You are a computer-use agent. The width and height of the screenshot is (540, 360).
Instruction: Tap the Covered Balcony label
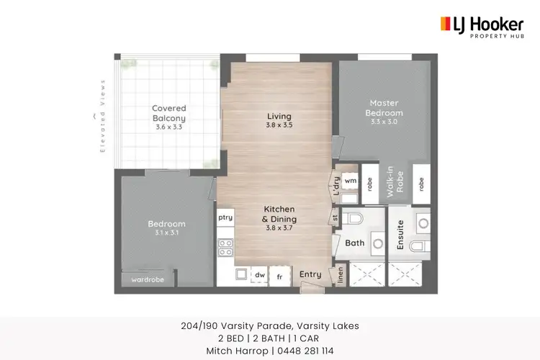tap(169, 114)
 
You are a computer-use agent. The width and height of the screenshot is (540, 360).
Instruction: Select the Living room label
tap(279, 116)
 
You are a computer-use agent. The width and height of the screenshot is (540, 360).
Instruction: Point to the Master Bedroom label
tap(384, 108)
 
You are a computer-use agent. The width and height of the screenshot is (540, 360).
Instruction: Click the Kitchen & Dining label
tap(279, 215)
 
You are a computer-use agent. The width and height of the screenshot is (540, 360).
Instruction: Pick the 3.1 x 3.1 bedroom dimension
tap(167, 233)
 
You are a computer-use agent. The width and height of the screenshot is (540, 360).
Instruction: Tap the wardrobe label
tap(148, 280)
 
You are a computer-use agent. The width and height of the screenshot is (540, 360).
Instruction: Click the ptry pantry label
tap(225, 216)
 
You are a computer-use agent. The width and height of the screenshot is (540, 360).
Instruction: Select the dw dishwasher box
tap(258, 274)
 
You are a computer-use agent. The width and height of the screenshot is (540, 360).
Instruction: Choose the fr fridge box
tap(279, 274)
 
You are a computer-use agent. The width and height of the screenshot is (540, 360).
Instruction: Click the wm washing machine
tap(350, 181)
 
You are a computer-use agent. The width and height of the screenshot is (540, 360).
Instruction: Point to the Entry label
tap(310, 274)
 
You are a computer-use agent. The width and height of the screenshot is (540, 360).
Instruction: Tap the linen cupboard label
tap(341, 275)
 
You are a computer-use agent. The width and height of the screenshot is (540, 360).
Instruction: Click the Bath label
tap(354, 243)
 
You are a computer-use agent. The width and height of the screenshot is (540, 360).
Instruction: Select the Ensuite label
tap(400, 235)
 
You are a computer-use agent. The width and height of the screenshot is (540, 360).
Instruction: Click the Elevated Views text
tap(102, 115)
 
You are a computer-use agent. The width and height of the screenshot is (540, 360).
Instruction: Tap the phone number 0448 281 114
tap(302, 351)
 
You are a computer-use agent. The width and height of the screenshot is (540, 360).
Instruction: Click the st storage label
tap(336, 217)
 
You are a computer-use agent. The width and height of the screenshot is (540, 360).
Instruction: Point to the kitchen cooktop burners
tap(225, 248)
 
